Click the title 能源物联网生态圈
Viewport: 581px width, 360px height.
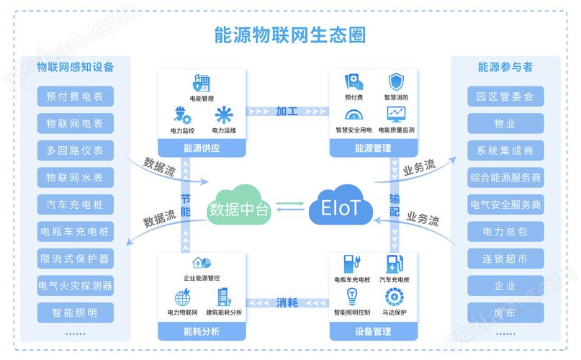(x=289, y=35)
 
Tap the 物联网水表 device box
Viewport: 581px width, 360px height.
(x=75, y=177)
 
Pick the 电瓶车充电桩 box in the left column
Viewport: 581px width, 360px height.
(x=75, y=231)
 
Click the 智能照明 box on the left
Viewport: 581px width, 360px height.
(x=75, y=312)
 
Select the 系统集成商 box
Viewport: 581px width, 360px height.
(x=505, y=150)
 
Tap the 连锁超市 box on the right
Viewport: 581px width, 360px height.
(x=505, y=258)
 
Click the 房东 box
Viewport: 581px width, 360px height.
(x=505, y=312)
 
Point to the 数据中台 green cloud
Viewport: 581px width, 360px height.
(x=238, y=208)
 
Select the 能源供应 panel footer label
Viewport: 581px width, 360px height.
(x=202, y=148)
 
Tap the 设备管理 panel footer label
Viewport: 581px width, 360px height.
(x=373, y=332)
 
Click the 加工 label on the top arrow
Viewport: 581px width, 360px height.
(x=287, y=111)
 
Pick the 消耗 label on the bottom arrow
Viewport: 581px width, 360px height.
(x=287, y=302)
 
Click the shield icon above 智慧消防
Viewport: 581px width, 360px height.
(x=396, y=81)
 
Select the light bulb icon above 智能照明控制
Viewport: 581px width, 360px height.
(x=352, y=296)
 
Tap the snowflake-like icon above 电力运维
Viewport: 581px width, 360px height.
(x=224, y=115)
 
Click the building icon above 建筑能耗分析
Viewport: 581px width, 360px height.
(x=223, y=296)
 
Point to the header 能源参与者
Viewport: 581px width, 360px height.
(x=505, y=67)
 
